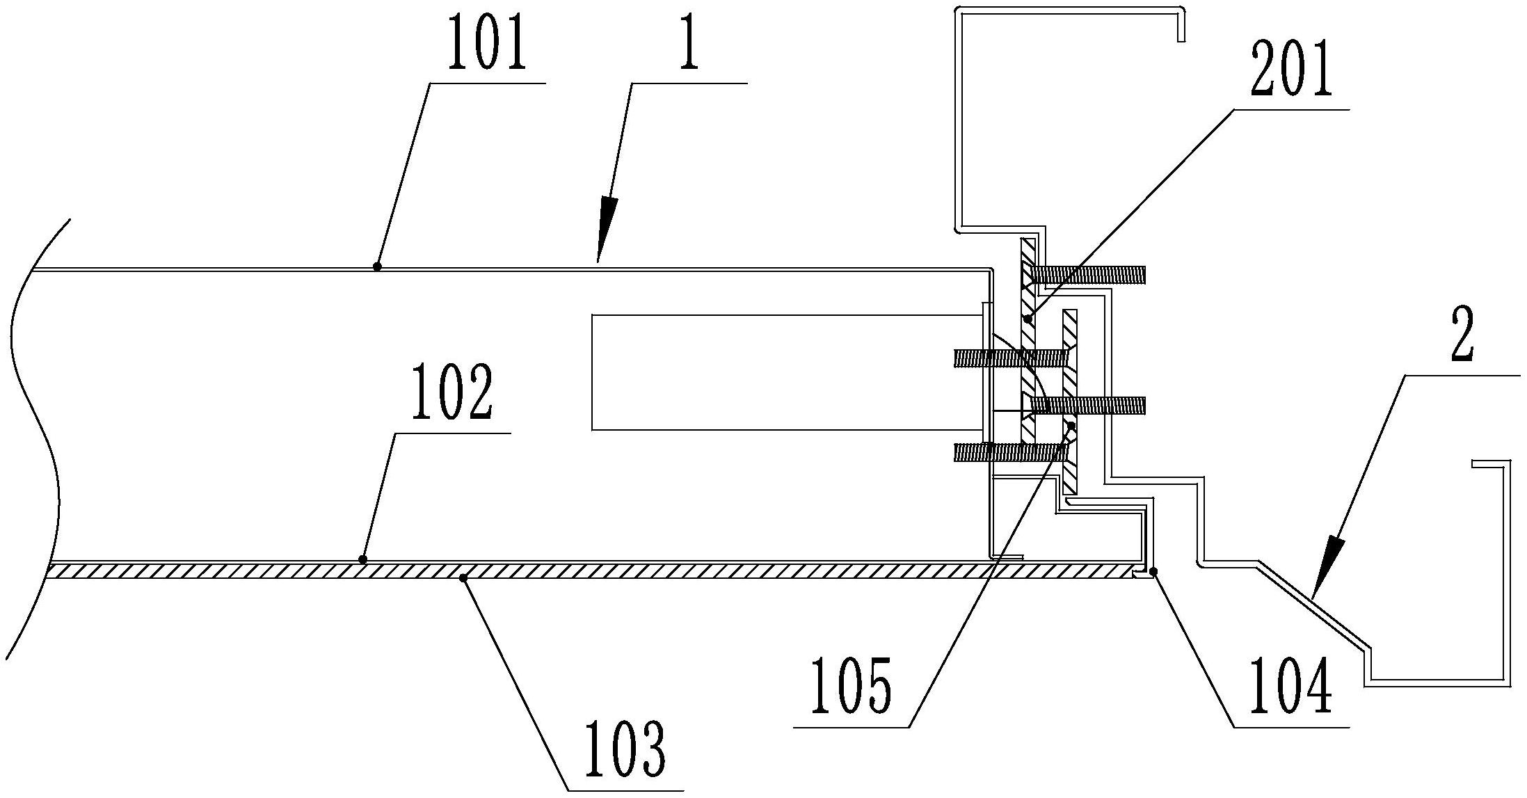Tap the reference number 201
(1291, 72)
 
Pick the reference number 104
(1291, 689)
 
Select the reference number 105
(851, 689)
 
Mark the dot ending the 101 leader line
(377, 266)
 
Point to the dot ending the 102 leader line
(362, 559)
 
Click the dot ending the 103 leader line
(463, 577)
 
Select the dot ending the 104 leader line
(1154, 571)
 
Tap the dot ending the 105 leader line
(1072, 425)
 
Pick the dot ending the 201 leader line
(1028, 319)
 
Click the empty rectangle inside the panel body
(786, 372)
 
